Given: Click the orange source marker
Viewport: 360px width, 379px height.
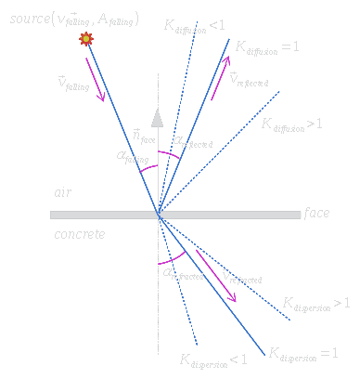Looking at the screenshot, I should (x=87, y=38).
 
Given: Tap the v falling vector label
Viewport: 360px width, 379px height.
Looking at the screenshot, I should (x=72, y=84).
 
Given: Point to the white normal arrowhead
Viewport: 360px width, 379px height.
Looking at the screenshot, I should (x=158, y=118).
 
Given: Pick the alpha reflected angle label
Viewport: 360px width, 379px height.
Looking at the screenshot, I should (x=193, y=142).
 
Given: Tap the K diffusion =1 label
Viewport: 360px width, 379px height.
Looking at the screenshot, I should (x=268, y=46).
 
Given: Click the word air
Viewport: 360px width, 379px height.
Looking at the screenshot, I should (x=62, y=192).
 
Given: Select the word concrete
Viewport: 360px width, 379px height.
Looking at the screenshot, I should (x=79, y=234).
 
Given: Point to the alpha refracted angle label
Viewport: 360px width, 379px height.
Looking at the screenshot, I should (x=184, y=273).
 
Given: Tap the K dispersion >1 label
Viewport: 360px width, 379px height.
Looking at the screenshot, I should (x=315, y=305).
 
